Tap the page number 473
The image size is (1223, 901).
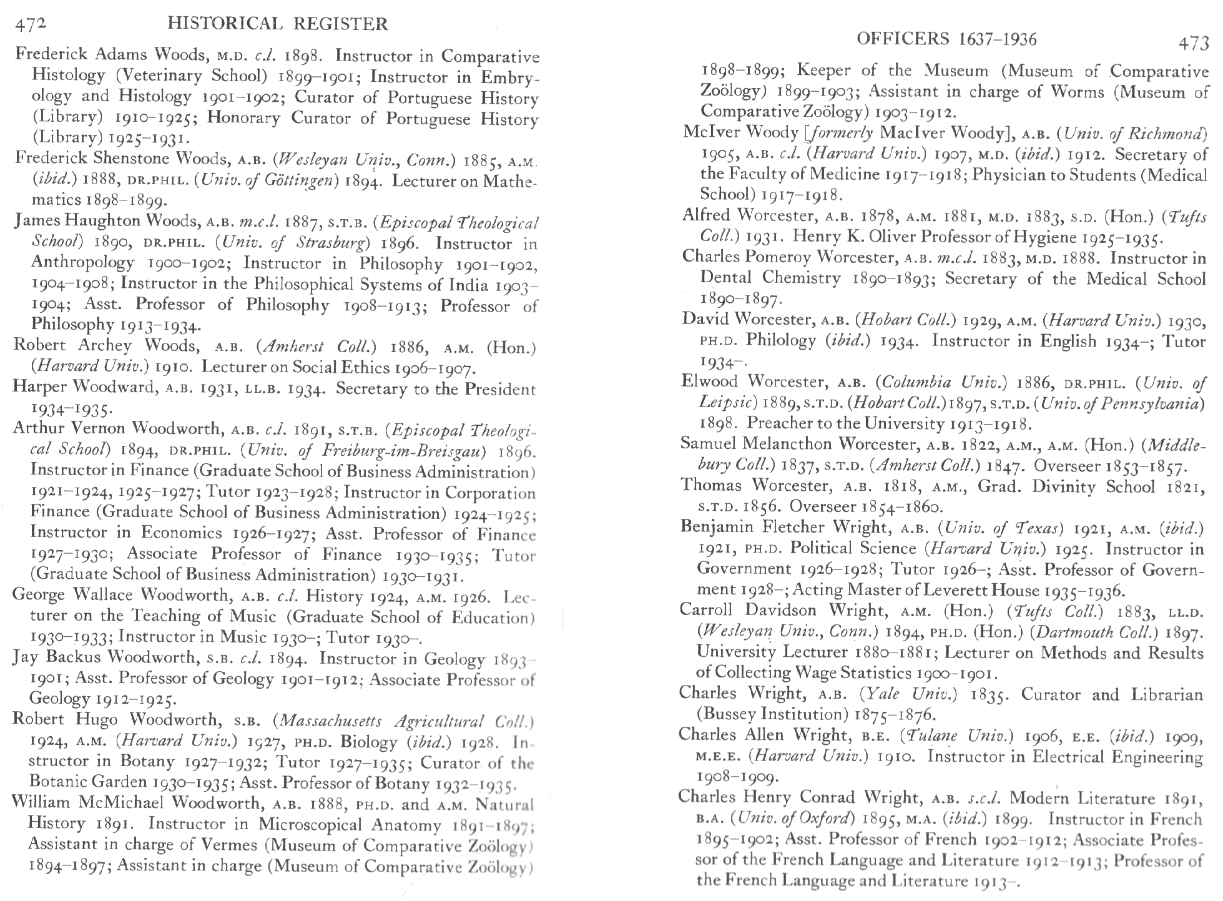[x=1193, y=43]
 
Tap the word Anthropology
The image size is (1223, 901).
[x=82, y=263]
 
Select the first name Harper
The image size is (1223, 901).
[x=37, y=388]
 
